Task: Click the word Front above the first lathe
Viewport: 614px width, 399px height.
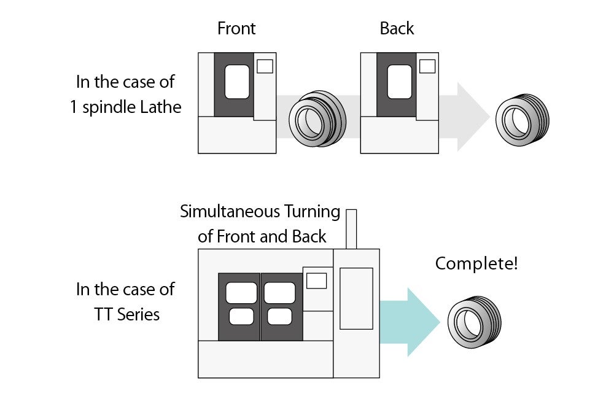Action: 236,28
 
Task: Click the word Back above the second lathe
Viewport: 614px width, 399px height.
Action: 397,28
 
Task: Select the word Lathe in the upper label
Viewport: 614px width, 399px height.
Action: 161,107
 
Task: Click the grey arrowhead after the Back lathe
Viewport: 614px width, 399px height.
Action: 473,117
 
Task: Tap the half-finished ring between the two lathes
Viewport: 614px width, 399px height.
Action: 317,119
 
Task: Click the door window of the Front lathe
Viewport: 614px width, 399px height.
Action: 237,82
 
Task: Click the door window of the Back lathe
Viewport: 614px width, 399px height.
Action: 399,82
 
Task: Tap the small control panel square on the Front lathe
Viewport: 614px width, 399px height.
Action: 265,66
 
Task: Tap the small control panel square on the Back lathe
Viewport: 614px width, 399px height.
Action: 427,66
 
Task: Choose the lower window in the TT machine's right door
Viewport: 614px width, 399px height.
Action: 280,316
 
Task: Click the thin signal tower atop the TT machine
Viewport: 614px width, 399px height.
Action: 351,229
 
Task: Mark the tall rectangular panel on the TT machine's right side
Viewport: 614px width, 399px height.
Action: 356,298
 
